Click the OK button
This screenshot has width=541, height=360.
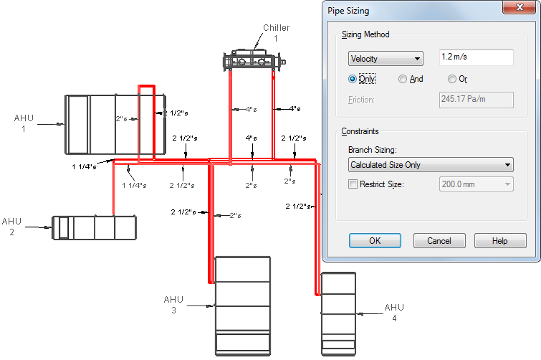click(375, 240)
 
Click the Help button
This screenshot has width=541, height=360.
click(500, 240)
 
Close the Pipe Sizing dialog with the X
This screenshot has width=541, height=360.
click(520, 7)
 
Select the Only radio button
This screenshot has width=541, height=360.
click(353, 79)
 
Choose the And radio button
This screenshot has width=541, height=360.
click(402, 79)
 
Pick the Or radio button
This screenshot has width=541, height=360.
click(451, 79)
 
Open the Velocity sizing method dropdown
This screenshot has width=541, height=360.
click(386, 59)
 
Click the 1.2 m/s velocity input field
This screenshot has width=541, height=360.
click(476, 57)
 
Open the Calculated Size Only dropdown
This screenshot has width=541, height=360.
click(431, 165)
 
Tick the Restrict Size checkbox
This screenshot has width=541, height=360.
click(353, 184)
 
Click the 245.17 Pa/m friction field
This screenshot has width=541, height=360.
click(476, 100)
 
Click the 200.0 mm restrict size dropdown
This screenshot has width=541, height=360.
click(476, 184)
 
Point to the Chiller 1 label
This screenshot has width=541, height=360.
click(277, 33)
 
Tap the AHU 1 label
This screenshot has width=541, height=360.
click(24, 123)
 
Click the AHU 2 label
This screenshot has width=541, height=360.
click(11, 227)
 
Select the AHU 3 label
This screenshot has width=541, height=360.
click(173, 305)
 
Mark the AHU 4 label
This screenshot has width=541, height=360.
click(394, 313)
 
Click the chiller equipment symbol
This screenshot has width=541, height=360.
click(254, 60)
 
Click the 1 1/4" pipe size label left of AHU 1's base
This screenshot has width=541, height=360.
click(84, 166)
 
